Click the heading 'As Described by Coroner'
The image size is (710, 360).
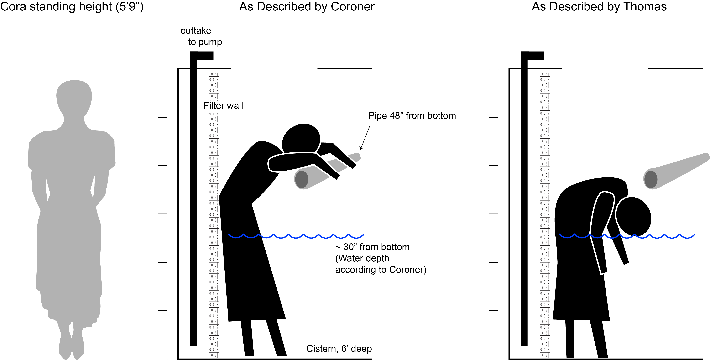[307, 7]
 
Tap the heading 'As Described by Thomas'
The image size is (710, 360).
[599, 7]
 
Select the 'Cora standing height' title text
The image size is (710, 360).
[72, 7]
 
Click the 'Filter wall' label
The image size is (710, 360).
[223, 106]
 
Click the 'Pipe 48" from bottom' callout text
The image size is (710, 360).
[412, 116]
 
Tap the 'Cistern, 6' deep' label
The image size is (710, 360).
[339, 349]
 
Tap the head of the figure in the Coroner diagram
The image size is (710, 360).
[301, 139]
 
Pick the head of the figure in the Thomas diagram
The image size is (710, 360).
[633, 216]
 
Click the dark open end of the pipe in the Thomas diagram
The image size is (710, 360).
[651, 179]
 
